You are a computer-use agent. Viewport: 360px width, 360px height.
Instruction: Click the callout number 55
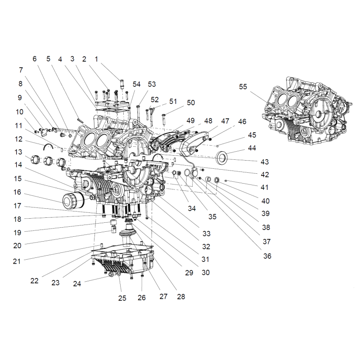click(243, 87)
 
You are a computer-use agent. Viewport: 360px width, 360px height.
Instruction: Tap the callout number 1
click(96, 58)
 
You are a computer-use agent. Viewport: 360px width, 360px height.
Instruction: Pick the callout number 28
click(181, 297)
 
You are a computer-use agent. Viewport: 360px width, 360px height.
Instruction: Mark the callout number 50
click(191, 103)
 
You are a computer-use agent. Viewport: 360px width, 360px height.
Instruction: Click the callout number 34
click(192, 208)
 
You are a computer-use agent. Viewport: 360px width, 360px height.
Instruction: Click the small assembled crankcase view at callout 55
click(306, 112)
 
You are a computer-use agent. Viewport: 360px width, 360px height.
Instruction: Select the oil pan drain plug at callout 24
click(108, 275)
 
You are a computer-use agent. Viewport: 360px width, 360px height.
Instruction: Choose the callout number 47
click(225, 121)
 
